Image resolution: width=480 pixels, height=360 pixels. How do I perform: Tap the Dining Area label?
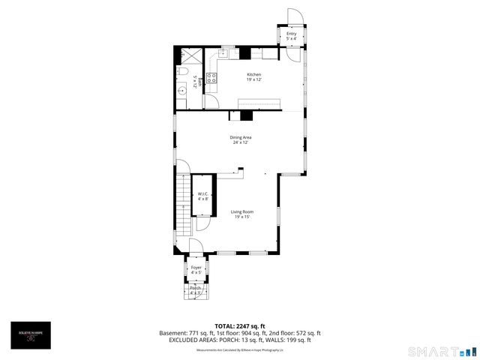point(240,139)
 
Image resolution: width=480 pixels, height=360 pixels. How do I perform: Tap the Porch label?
point(195,290)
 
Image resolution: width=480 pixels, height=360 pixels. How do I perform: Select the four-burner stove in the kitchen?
point(212,77)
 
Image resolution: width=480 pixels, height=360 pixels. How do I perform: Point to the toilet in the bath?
point(182,72)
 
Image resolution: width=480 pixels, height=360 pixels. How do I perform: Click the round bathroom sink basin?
point(182,91)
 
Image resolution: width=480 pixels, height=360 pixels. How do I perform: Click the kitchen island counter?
point(259,103)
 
